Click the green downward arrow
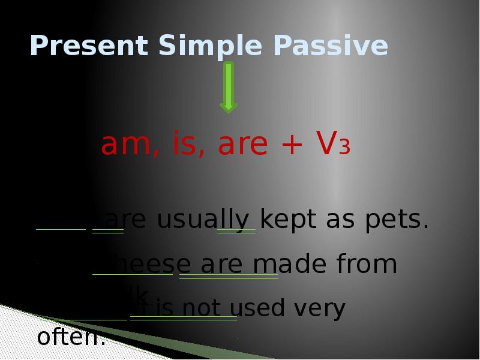(229, 88)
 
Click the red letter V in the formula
(324, 145)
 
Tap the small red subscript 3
(344, 148)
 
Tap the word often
(71, 338)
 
